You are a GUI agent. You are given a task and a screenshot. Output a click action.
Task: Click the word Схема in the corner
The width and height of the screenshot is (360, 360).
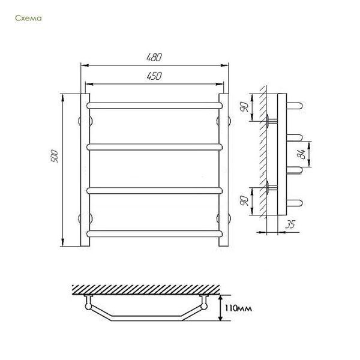[x=28, y=18]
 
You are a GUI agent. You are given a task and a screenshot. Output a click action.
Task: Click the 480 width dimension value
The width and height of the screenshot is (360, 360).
[x=154, y=58]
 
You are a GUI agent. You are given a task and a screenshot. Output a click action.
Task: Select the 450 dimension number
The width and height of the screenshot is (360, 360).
[x=154, y=76]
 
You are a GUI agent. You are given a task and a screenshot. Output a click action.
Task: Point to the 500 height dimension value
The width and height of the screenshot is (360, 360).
[x=55, y=157]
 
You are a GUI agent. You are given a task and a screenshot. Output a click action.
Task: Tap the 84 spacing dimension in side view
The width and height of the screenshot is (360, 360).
[x=301, y=154]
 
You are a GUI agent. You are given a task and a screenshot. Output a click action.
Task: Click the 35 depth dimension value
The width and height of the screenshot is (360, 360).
[x=290, y=224]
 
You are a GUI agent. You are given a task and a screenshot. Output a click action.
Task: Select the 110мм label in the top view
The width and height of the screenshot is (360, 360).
[x=238, y=308]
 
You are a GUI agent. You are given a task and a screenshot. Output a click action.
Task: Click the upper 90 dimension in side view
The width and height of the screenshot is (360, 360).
[x=244, y=107]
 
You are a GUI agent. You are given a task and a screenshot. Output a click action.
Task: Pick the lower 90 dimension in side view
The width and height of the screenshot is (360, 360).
[x=244, y=200]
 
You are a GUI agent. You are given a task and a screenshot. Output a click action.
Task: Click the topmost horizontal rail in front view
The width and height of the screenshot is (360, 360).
[x=155, y=106]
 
